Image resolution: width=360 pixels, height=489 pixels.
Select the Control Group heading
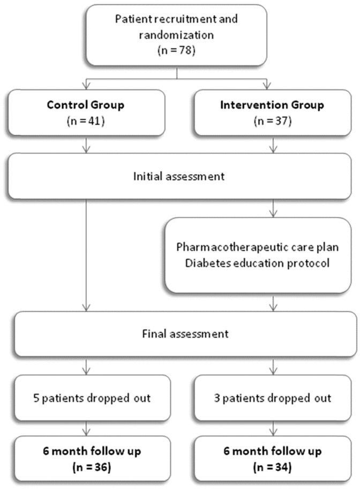86,105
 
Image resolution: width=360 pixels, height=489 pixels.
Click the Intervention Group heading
272,105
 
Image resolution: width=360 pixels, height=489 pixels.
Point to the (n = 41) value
86,122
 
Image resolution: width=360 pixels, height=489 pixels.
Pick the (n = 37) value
272,122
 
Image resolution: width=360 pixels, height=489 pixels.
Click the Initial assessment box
179,176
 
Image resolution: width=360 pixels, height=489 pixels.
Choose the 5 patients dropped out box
86,398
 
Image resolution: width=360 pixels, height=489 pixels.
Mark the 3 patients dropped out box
272,398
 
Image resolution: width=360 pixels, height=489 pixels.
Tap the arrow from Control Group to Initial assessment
86,146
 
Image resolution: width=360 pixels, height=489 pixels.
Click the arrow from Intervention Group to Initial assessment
274,146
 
